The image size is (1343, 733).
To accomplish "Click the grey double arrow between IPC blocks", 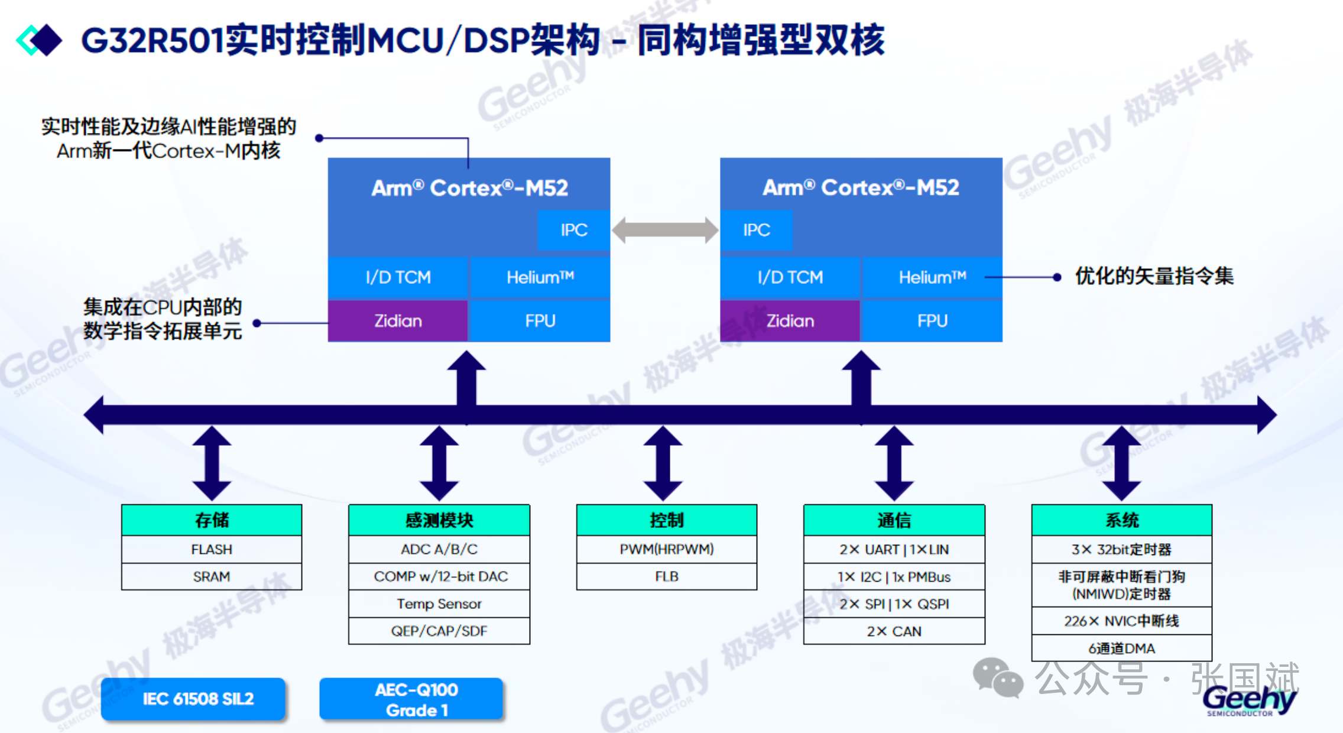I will (x=665, y=230).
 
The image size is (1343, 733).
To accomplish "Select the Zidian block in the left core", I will (x=398, y=321).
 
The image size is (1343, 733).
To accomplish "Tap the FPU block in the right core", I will (x=932, y=321).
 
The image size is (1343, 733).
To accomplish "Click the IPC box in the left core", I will (x=573, y=230).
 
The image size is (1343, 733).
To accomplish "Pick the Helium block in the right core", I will (x=932, y=277).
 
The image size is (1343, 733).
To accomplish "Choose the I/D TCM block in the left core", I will (x=398, y=277).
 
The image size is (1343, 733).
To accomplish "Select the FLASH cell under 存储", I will (x=212, y=549).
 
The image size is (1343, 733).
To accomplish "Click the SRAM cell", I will (x=212, y=576).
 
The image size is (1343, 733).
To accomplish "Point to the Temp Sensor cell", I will (x=439, y=604).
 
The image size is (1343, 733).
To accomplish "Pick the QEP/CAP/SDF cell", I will (x=439, y=631).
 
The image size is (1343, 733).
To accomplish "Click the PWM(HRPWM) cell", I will (x=667, y=549).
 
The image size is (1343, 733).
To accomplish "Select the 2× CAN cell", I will (x=894, y=631).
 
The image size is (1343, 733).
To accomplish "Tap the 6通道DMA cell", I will (x=1121, y=648).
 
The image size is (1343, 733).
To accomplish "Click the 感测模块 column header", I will (x=439, y=520).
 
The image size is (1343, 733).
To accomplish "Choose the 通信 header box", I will (x=894, y=520).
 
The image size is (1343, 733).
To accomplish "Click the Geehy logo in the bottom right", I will (x=1248, y=701).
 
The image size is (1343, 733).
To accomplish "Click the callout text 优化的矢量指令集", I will (x=1154, y=276).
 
